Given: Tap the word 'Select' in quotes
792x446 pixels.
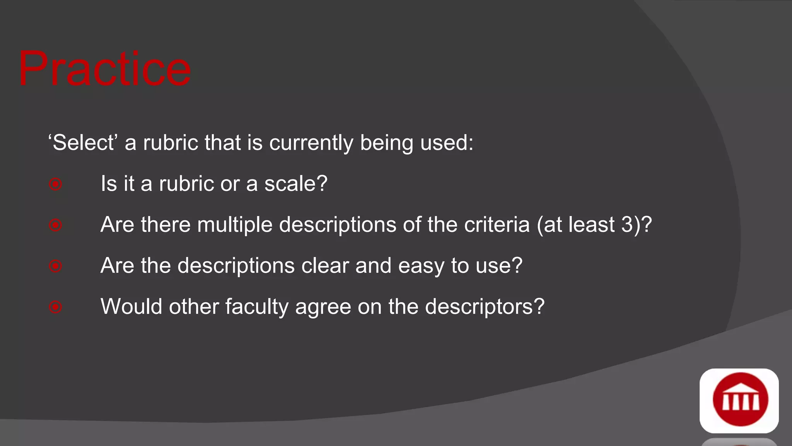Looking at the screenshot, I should click(x=83, y=142).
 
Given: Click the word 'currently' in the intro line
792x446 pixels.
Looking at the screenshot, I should click(x=311, y=143).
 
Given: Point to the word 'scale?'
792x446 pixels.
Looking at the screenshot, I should click(x=296, y=184).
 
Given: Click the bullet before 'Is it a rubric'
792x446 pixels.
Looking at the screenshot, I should click(x=56, y=184).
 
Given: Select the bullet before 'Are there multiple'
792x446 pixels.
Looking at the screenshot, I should click(x=56, y=225).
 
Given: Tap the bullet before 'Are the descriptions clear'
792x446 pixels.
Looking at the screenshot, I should click(x=56, y=266).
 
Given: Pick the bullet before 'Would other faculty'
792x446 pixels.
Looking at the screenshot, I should click(x=56, y=307).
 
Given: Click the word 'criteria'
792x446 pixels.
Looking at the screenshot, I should click(x=497, y=225).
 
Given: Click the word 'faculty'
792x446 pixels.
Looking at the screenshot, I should click(x=257, y=307).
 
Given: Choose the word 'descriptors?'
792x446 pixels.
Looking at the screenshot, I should click(x=485, y=307).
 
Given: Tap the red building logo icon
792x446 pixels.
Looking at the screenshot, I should click(x=739, y=400).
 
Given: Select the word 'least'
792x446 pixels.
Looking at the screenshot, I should click(x=591, y=225).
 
